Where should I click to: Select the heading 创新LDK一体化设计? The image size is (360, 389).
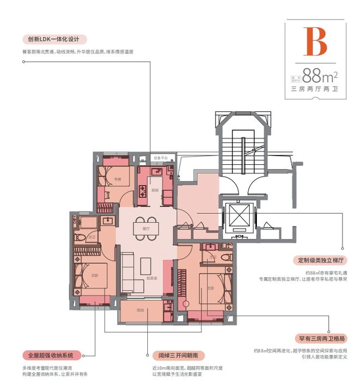(x=54, y=39)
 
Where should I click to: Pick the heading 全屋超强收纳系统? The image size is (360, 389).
(x=51, y=355)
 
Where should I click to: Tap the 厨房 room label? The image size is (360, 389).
(x=155, y=190)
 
